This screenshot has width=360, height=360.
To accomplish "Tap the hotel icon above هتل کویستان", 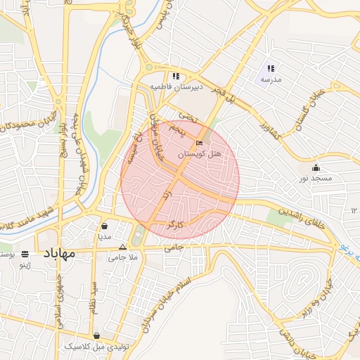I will pyautogui.click(x=200, y=143).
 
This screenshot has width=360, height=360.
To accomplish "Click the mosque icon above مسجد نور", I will pyautogui.click(x=316, y=167).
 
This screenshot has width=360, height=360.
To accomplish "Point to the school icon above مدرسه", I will pyautogui.click(x=271, y=69).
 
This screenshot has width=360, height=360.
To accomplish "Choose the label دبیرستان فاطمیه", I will pyautogui.click(x=176, y=86).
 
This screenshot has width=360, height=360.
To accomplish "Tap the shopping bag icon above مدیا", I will pyautogui.click(x=105, y=226).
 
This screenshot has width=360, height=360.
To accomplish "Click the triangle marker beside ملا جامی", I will pyautogui.click(x=123, y=247).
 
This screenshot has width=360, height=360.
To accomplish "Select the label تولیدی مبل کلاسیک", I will pyautogui.click(x=96, y=346).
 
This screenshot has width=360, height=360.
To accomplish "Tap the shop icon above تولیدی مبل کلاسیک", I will pyautogui.click(x=96, y=335).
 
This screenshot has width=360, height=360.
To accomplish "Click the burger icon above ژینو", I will pyautogui.click(x=25, y=254).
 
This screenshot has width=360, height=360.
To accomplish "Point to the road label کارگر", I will pyautogui.click(x=175, y=226).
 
